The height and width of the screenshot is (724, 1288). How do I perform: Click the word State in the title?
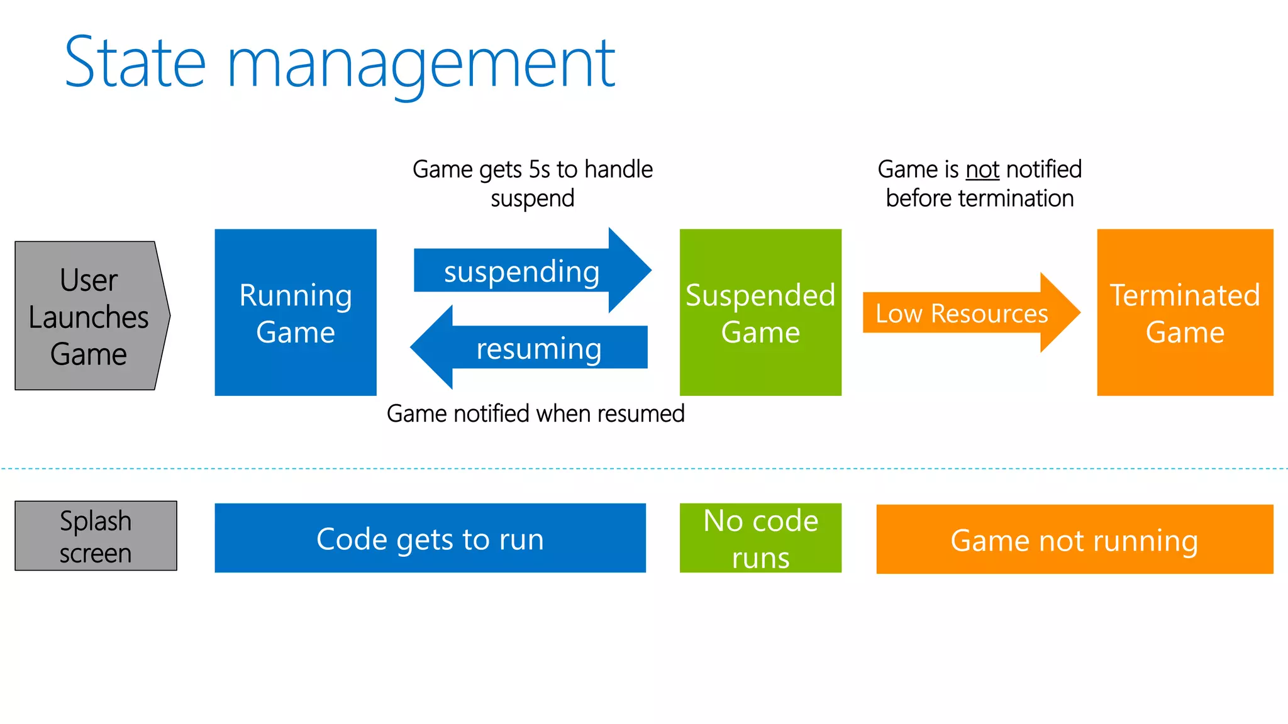135,63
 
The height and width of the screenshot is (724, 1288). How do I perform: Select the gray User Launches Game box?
88,316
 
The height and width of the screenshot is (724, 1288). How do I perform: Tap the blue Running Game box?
296,312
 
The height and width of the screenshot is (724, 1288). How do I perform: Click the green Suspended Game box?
760,312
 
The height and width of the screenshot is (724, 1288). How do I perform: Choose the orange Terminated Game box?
1185,312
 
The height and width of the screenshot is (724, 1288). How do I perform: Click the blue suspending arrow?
522,271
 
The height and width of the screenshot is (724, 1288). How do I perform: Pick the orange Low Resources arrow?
962,312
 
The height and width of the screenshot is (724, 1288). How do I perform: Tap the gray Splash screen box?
96,535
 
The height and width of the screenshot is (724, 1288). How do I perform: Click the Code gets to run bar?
430,538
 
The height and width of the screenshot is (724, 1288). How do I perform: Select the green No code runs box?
760,538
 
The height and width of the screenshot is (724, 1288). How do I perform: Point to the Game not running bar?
1074,539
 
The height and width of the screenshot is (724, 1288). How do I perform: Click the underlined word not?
982,170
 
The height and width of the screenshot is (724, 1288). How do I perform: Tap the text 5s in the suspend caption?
539,170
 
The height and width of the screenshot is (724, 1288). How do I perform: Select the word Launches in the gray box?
88,317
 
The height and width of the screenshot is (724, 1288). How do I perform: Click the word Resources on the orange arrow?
989,313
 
